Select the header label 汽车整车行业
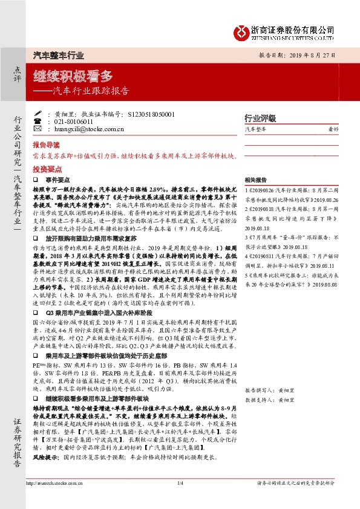57,54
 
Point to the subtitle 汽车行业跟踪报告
91,92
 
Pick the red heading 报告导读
46,146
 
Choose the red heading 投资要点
46,170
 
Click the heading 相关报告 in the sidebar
256,180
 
